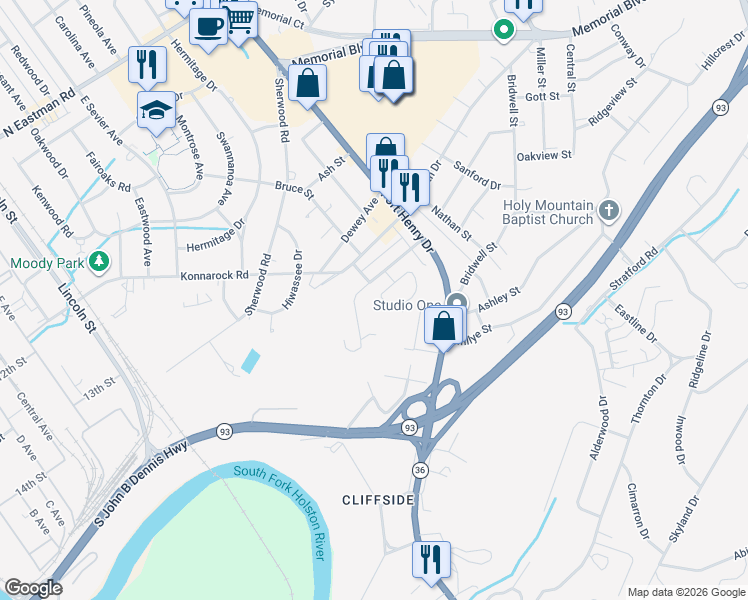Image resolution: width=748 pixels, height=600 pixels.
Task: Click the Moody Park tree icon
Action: click(98, 262)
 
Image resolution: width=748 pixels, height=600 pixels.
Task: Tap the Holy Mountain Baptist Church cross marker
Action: click(609, 212)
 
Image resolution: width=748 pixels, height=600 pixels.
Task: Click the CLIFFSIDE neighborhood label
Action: click(377, 499)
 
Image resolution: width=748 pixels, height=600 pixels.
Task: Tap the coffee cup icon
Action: click(208, 26)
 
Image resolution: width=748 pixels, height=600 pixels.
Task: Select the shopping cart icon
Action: click(238, 19)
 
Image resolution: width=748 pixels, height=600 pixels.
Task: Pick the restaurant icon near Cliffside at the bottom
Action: click(431, 558)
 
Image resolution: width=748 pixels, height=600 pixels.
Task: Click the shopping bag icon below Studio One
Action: click(442, 325)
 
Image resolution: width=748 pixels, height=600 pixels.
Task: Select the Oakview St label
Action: click(543, 156)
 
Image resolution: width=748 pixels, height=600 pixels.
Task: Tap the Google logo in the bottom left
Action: click(33, 588)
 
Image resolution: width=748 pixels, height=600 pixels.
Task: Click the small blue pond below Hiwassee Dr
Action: click(249, 361)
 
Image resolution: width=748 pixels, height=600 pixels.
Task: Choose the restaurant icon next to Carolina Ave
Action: click(148, 64)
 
